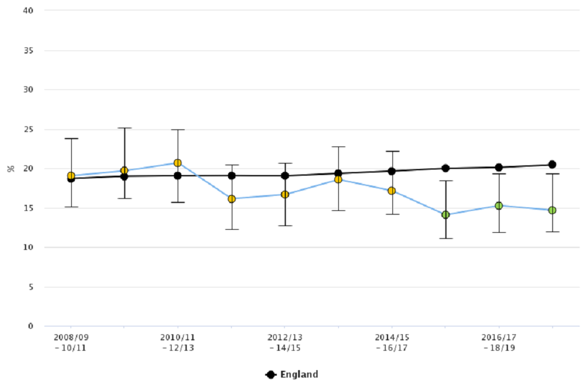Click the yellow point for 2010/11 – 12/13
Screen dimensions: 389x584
click(178, 163)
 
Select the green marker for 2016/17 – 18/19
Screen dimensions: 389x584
click(499, 205)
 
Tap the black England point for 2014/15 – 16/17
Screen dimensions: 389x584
click(392, 171)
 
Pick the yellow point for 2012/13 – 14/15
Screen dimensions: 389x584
click(285, 194)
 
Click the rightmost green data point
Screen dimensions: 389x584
click(552, 210)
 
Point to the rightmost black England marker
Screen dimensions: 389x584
click(552, 164)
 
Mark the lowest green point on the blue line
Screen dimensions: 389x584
click(445, 215)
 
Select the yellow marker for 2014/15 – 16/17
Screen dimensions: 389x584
click(392, 191)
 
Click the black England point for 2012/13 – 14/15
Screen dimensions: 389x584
click(285, 176)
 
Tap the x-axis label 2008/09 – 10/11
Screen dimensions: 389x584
click(71, 342)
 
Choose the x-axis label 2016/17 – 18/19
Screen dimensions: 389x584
click(499, 342)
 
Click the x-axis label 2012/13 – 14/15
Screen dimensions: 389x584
click(285, 342)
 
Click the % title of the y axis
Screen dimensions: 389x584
click(10, 168)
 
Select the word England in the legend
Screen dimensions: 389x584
click(299, 374)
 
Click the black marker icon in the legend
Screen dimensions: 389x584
click(271, 374)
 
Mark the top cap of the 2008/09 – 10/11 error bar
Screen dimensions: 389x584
click(71, 139)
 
